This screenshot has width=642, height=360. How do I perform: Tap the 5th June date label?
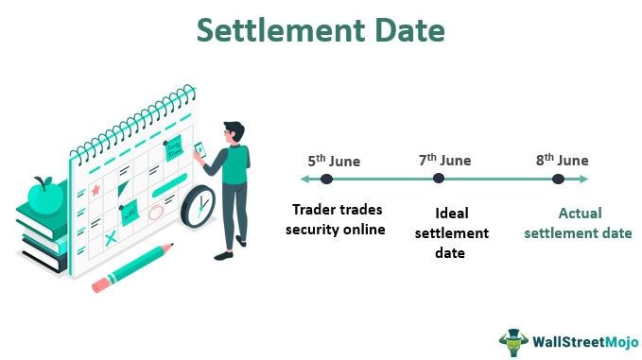point(332,161)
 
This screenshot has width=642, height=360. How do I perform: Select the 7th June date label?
point(444,161)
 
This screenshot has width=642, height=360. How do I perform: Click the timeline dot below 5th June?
point(326,179)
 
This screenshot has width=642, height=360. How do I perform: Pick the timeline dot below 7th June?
point(439,179)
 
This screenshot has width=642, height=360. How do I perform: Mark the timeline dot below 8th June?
point(558,179)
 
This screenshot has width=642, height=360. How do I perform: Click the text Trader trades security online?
point(338,219)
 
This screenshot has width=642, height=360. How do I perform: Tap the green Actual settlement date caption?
point(579,223)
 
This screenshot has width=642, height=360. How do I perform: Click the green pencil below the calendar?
point(133,268)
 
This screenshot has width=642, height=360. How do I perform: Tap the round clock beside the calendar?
point(198,205)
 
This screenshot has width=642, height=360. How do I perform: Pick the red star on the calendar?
point(95,191)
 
